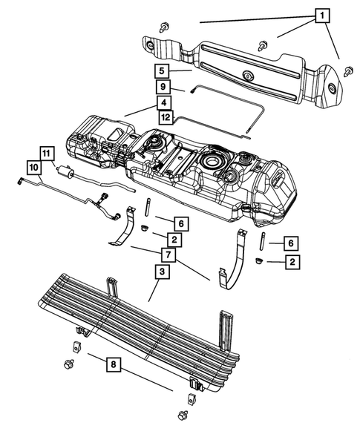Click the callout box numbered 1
coord(321,15)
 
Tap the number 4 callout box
coord(163,102)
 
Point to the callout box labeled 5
coord(161,71)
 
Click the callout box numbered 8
coord(112,365)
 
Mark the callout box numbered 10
coord(34,166)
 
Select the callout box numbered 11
coord(47,154)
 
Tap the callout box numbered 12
coord(166,116)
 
